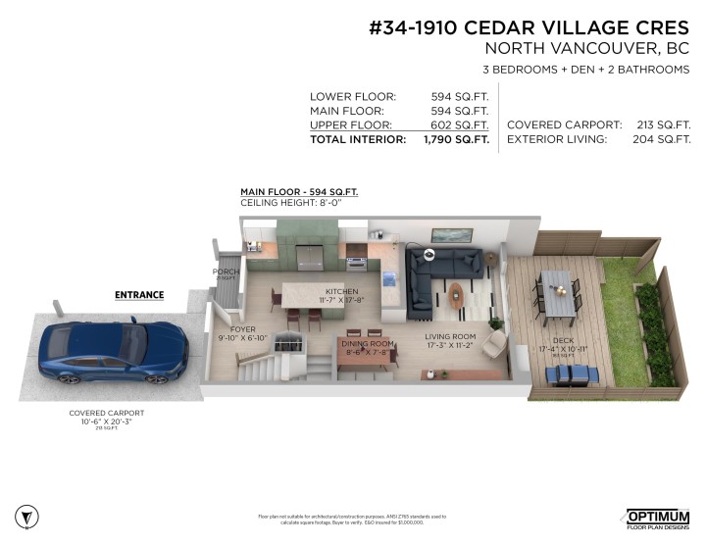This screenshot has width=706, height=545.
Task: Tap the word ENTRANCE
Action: [x=139, y=294]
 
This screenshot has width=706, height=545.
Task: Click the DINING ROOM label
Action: [x=368, y=344]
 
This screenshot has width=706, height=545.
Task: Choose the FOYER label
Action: [x=243, y=329]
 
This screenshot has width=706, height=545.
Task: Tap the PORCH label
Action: [x=226, y=272]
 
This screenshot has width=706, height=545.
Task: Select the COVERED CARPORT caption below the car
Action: [x=108, y=413]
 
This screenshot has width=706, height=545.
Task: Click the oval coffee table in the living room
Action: [x=458, y=293]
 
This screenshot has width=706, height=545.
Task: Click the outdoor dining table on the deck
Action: [x=557, y=293]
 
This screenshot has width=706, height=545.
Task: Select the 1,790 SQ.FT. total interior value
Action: [x=456, y=140]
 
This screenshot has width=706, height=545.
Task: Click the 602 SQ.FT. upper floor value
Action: [x=460, y=125]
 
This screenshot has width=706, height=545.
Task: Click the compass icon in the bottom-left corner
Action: [x=28, y=516]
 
